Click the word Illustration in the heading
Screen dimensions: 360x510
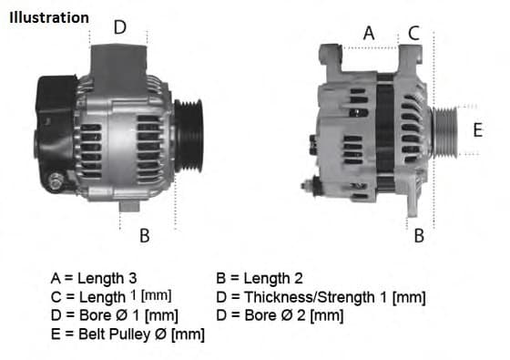pyautogui.click(x=49, y=17)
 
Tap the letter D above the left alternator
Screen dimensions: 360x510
pyautogui.click(x=119, y=26)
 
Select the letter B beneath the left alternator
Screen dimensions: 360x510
pyautogui.click(x=144, y=236)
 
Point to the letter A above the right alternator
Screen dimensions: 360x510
pyautogui.click(x=368, y=32)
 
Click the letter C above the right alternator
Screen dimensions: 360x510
pyautogui.click(x=413, y=32)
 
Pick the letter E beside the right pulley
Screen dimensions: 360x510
pyautogui.click(x=477, y=130)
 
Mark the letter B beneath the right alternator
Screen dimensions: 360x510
pyautogui.click(x=419, y=236)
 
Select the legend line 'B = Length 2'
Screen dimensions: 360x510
pyautogui.click(x=259, y=278)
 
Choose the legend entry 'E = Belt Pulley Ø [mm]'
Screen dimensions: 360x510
pyautogui.click(x=127, y=334)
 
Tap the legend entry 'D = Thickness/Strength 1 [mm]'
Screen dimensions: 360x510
pyautogui.click(x=321, y=297)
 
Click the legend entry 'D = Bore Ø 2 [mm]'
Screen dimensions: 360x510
pyautogui.click(x=280, y=315)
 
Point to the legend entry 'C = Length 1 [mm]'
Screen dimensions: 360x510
pyautogui.click(x=111, y=297)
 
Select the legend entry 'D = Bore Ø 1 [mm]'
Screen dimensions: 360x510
pyautogui.click(x=115, y=315)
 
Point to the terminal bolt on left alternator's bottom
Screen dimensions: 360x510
pyautogui.click(x=57, y=183)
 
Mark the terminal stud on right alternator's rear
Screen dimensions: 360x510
pyautogui.click(x=308, y=186)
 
